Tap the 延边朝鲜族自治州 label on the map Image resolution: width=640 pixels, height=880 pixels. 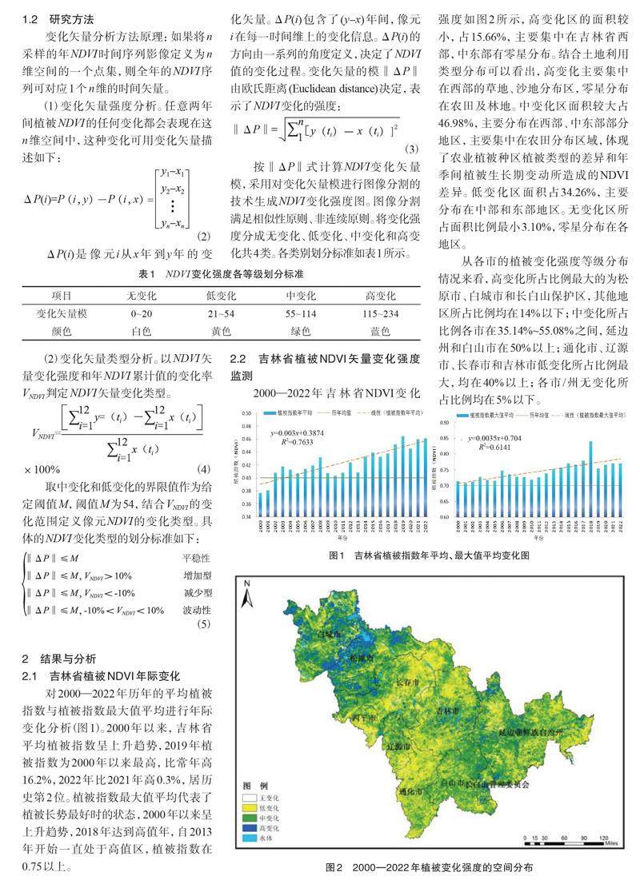543,731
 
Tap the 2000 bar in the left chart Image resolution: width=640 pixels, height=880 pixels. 260,504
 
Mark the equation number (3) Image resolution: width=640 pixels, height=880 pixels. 411,149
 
